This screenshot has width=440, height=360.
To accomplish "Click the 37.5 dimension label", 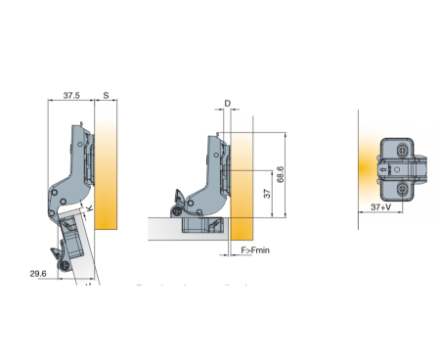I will click(71, 96).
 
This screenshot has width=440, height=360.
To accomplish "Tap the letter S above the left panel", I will click(106, 96).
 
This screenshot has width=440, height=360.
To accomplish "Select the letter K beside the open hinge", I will click(89, 207).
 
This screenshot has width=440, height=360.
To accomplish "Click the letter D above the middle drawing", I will click(227, 102).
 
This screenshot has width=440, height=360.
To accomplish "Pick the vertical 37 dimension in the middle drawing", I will click(267, 193).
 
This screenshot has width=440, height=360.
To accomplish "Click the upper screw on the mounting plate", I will click(404, 150).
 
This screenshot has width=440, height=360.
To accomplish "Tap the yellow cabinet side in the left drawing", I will click(107, 166).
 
